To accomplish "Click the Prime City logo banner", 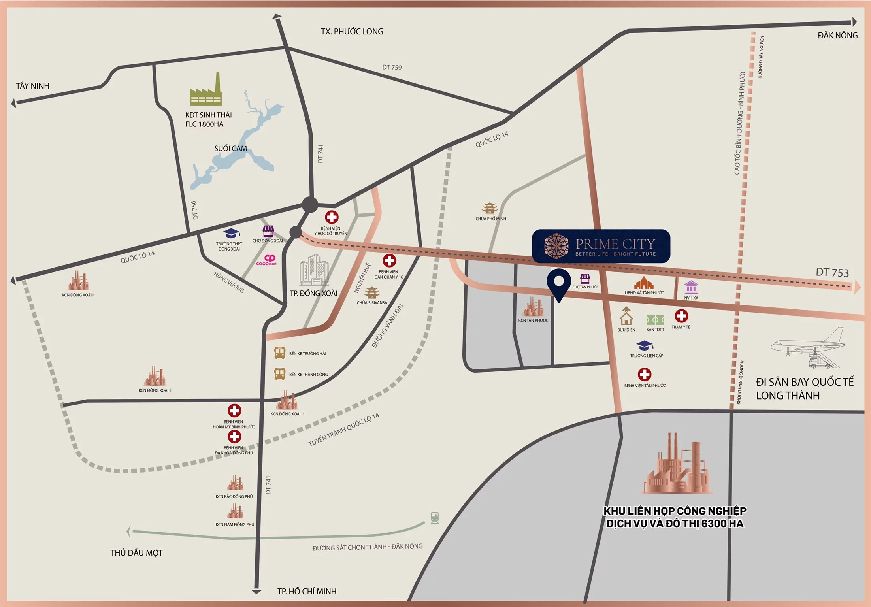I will pos(601,246).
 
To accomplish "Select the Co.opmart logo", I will pos(267,260).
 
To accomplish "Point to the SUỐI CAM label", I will pos(230,149).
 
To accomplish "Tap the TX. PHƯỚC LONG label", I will pos(352,32).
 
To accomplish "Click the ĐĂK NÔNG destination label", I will pos(837,36).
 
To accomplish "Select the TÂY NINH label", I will pos(32,86).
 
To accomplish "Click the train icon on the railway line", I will pos(435,518).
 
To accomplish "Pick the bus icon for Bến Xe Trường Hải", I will pos(280,353).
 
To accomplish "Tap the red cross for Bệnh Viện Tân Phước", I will pos(645,374).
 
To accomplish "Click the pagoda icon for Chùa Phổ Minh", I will pos(490,208).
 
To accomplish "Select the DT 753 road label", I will pos(832,272).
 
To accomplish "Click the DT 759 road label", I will pos(392,68).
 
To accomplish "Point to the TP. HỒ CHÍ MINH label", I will pos(307,591).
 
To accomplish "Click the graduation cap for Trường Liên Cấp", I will pos(644,346).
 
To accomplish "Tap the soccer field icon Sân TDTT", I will pos(655,319).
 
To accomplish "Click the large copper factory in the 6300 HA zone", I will pos(676,466).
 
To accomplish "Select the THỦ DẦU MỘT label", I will pos(136,553).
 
